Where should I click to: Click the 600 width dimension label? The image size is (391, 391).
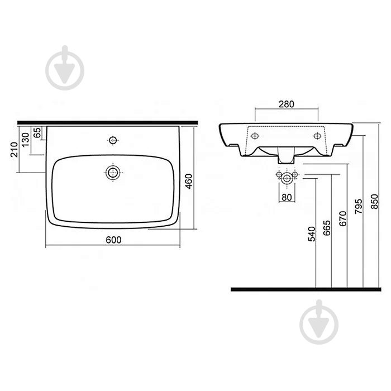click(x=113, y=239)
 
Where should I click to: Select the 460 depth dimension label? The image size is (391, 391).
click(x=189, y=182)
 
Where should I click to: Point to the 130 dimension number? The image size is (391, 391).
click(x=25, y=140)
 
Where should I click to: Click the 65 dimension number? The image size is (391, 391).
click(x=37, y=133)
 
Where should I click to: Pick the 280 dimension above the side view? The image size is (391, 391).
click(x=287, y=104)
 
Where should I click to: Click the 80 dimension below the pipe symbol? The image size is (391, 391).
click(x=287, y=196)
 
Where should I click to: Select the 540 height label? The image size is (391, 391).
click(x=312, y=233)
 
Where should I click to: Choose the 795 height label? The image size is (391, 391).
click(x=359, y=205)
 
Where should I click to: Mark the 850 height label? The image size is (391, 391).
click(x=374, y=201)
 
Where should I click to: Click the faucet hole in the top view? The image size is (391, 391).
click(x=113, y=139)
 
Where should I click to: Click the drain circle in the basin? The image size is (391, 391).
click(x=113, y=172)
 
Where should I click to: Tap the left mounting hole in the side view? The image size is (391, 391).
click(x=255, y=136)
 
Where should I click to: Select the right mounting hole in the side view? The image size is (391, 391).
click(x=318, y=136)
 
